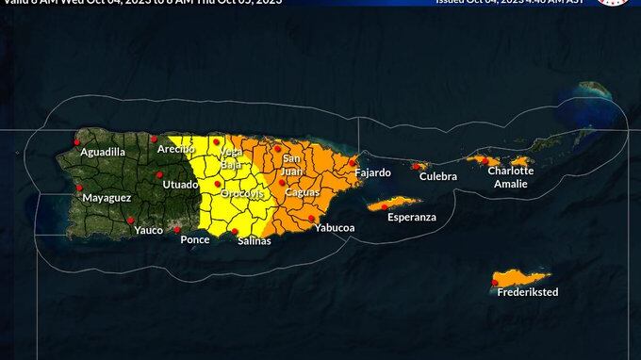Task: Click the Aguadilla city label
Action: tap(103, 152)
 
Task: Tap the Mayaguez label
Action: tap(107, 198)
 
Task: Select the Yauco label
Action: tap(149, 230)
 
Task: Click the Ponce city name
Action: tap(195, 239)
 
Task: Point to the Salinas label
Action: tap(255, 240)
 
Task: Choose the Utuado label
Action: tap(181, 185)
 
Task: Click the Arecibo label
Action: tap(175, 149)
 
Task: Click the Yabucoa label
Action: tap(335, 228)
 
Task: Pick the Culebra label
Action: tap(438, 176)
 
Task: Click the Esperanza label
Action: tap(412, 217)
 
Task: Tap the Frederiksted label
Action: tap(528, 292)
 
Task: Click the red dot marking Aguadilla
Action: tap(77, 143)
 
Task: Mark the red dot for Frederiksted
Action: tap(495, 282)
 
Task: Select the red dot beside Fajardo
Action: tap(352, 162)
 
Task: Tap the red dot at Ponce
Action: tap(176, 229)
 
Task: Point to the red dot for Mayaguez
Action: tap(79, 188)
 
